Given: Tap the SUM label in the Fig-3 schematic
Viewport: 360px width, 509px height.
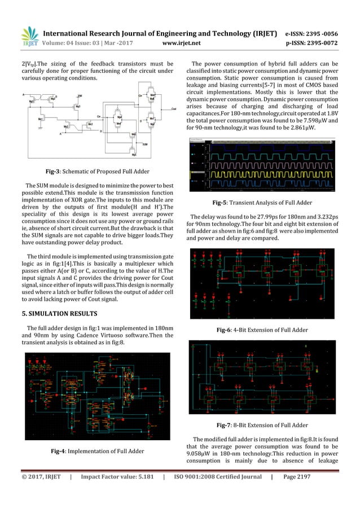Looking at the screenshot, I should click(x=145, y=144).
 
